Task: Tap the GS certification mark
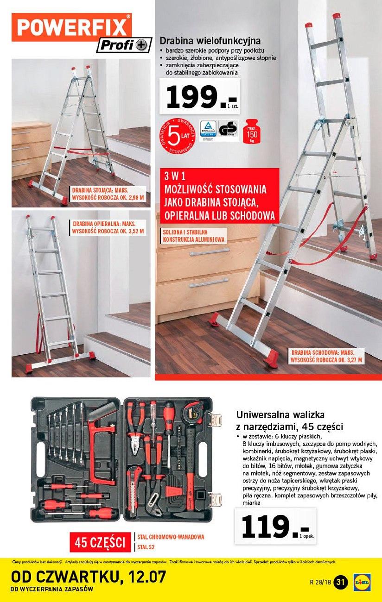228,130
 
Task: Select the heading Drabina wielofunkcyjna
210,41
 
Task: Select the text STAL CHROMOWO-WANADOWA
171,537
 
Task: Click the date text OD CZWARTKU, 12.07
88,577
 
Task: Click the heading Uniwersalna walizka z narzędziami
290,420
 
